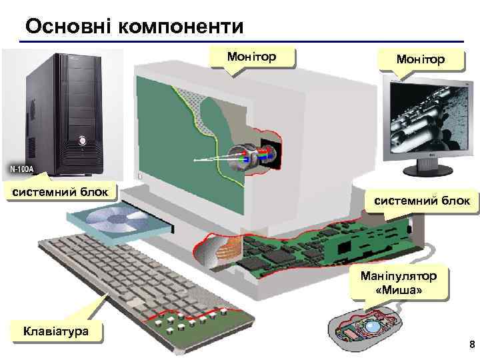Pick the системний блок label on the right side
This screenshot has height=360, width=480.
click(x=421, y=200)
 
